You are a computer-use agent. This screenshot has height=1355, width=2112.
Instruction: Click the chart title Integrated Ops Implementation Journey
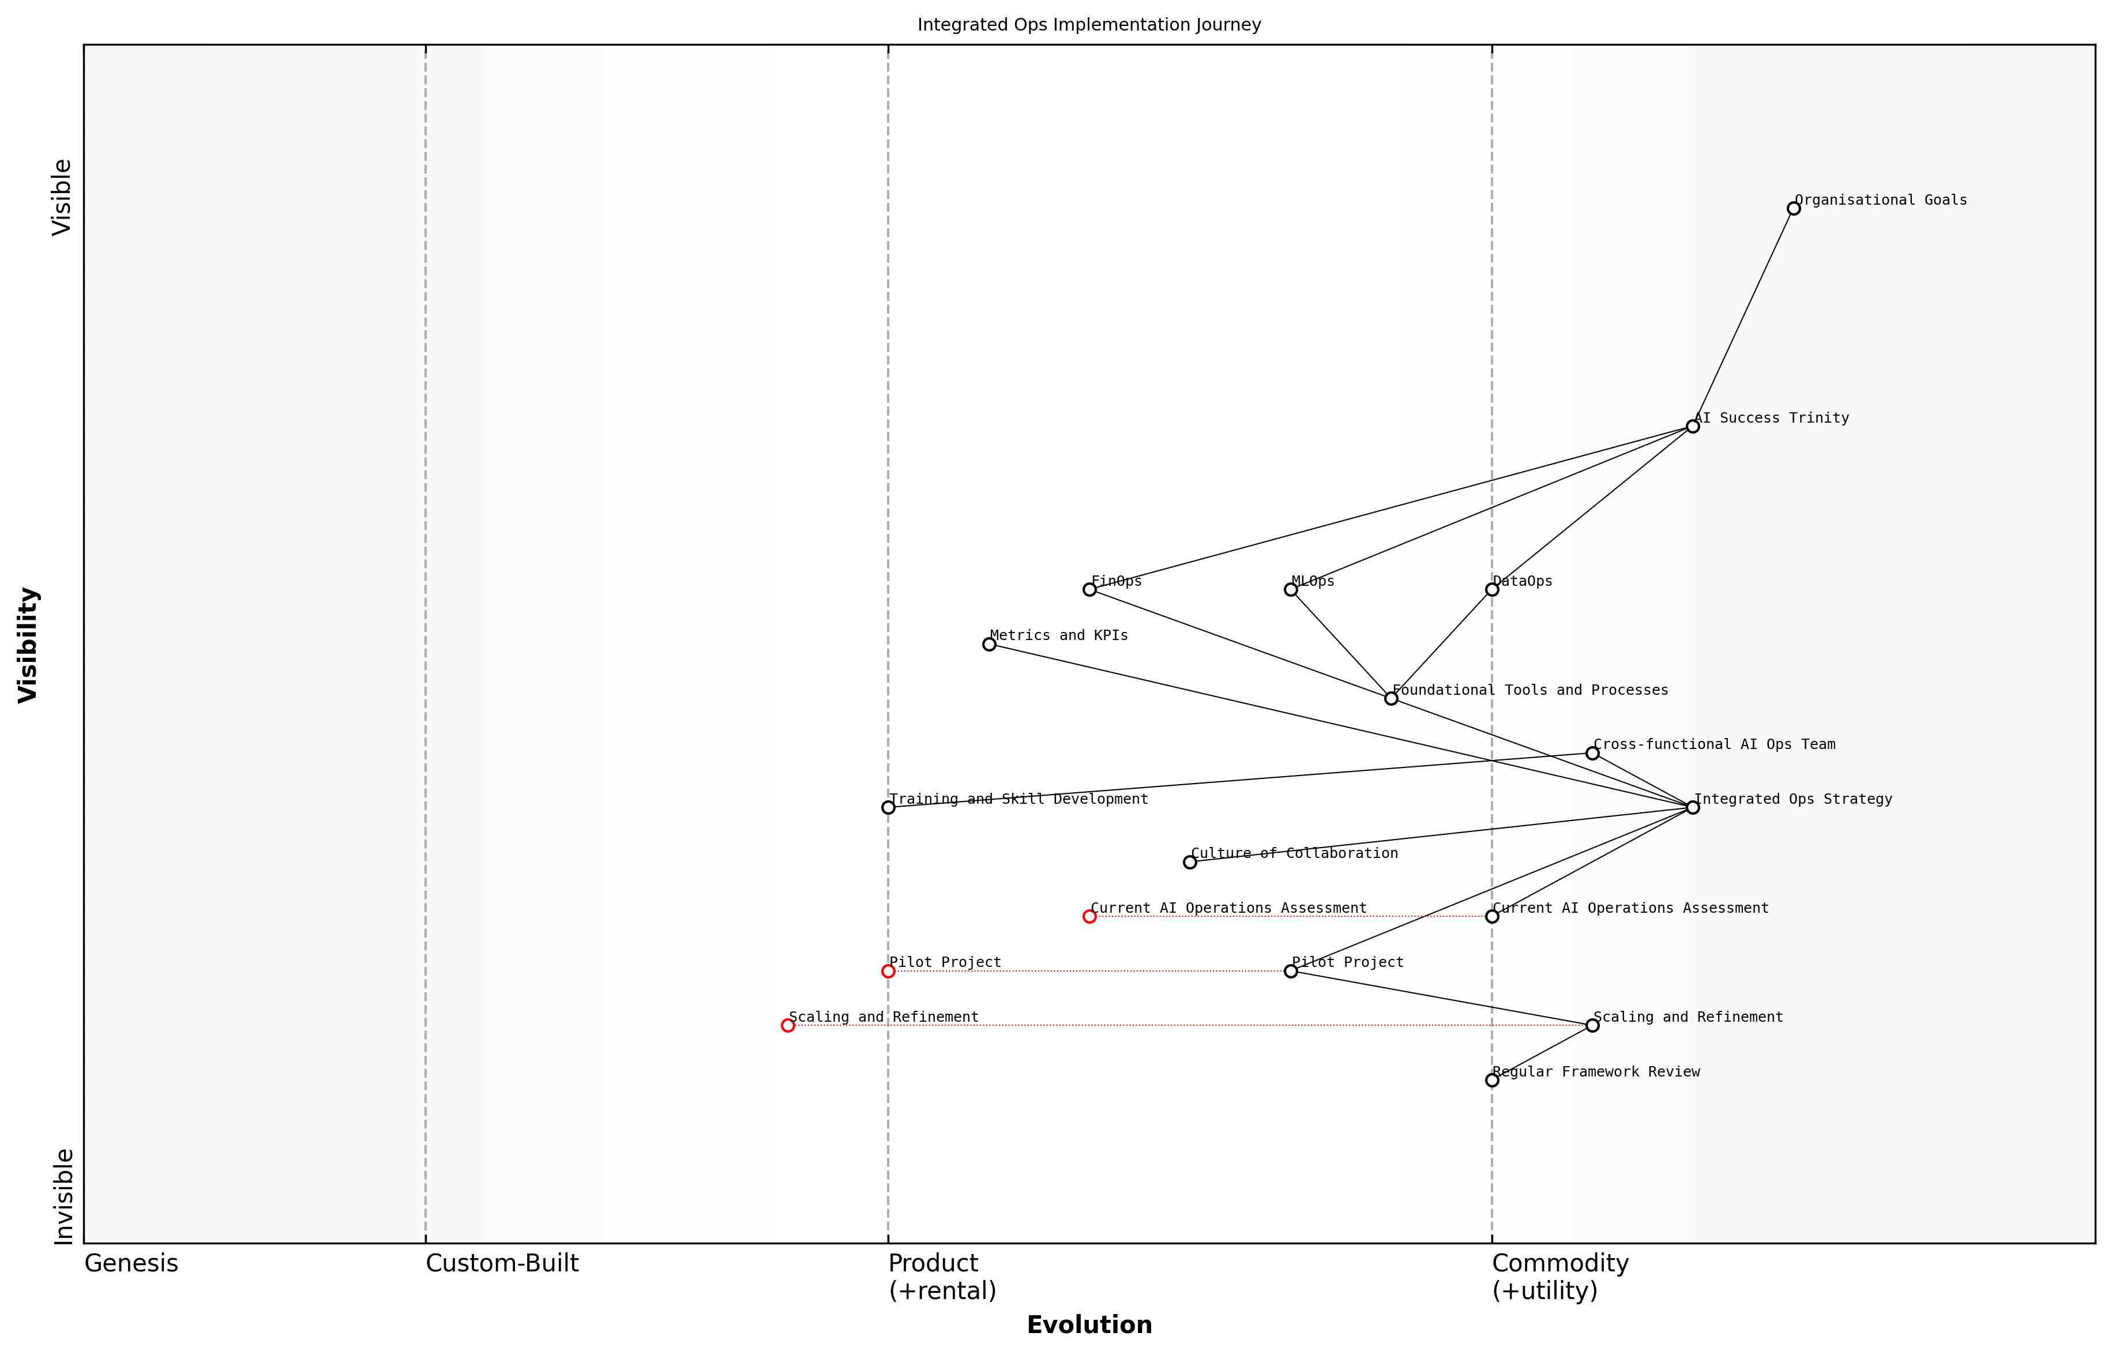[x=1088, y=25]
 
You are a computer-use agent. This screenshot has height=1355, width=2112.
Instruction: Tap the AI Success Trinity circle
[x=1692, y=427]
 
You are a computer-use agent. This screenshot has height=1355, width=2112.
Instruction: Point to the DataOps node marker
[x=1491, y=589]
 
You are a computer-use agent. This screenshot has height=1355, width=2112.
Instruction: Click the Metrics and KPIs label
[x=1059, y=635]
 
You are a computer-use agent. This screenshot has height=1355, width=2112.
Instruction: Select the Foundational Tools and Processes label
[x=1529, y=690]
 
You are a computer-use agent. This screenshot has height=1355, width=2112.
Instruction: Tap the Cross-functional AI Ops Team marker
[x=1592, y=753]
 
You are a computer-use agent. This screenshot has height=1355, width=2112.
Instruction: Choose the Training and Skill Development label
[x=1018, y=799]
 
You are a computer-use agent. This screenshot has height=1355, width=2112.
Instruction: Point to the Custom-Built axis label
[x=502, y=1263]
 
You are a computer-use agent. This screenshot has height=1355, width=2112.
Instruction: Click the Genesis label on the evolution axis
[x=131, y=1263]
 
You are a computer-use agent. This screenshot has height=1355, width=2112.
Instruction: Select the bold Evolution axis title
[x=1088, y=1325]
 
